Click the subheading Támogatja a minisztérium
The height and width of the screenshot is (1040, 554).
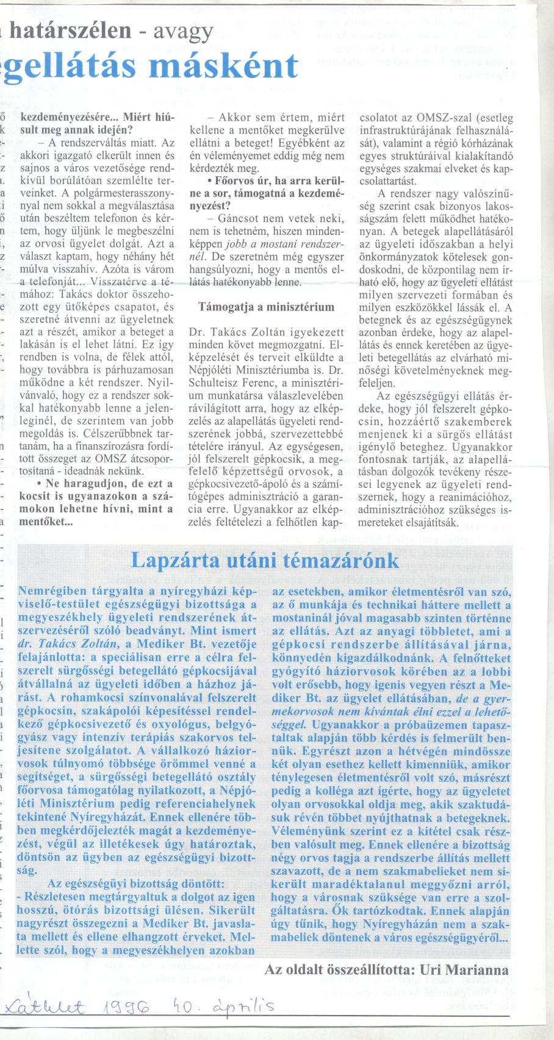point(267,307)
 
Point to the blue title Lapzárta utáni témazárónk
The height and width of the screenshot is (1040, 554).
point(265,561)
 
